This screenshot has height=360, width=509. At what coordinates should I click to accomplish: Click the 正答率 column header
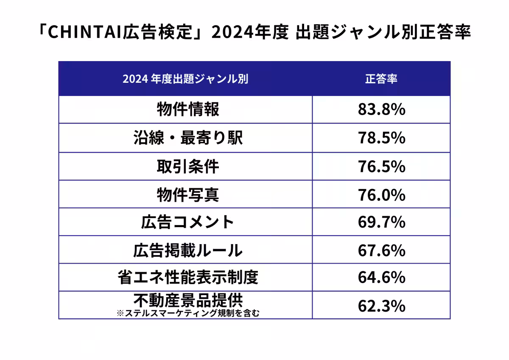[x=381, y=79]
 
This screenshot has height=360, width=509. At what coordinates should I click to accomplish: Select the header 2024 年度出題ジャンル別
[x=185, y=79]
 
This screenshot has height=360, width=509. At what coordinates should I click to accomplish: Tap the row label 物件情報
[x=188, y=110]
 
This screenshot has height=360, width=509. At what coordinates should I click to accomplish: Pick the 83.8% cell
[x=381, y=110]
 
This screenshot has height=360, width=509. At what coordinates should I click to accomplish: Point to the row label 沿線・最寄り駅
[x=188, y=138]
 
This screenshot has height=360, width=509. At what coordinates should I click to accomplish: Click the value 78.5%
[x=381, y=138]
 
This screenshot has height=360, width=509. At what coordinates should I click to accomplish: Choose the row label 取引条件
[x=188, y=166]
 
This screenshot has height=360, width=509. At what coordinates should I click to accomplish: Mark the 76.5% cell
[x=381, y=166]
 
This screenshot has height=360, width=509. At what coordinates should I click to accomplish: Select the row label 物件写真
[x=188, y=194]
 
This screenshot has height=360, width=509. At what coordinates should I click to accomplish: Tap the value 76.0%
[x=381, y=194]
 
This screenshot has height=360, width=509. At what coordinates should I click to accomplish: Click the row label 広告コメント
[x=188, y=222]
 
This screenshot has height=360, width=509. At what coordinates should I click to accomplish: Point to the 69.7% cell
[x=381, y=222]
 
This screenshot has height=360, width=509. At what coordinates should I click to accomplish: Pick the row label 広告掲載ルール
[x=188, y=250]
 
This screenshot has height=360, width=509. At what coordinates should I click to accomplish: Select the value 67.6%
[x=381, y=250]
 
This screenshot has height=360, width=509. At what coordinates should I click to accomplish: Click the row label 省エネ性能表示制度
[x=188, y=278]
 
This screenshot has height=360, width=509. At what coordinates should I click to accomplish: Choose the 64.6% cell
[x=381, y=278]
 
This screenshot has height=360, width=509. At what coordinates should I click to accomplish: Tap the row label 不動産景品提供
[x=188, y=301]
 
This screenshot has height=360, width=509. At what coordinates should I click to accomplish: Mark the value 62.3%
[x=381, y=306]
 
